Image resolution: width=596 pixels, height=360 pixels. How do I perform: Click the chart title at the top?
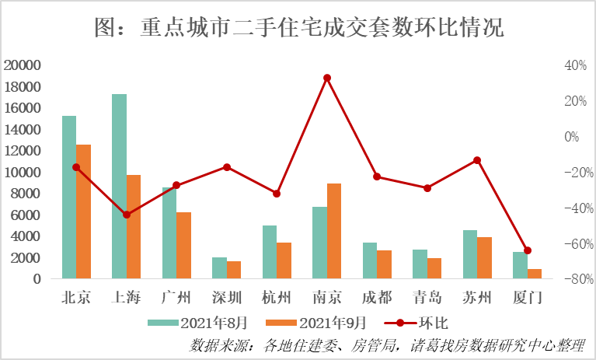pos(298,29)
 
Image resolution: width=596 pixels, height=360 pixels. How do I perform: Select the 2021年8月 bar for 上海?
pos(119,187)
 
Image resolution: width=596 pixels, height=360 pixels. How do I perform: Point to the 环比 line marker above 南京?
pos(327,78)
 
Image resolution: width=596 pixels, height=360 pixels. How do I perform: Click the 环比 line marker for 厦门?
pos(528,250)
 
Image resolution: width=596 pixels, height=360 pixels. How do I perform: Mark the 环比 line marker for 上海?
pos(127,215)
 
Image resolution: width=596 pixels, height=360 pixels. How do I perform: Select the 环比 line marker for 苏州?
pos(477,160)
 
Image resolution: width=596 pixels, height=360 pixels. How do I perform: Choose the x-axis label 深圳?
pos(227,298)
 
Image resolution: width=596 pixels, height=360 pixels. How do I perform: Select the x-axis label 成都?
pos(377,298)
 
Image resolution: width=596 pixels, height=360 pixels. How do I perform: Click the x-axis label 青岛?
pos(427,298)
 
